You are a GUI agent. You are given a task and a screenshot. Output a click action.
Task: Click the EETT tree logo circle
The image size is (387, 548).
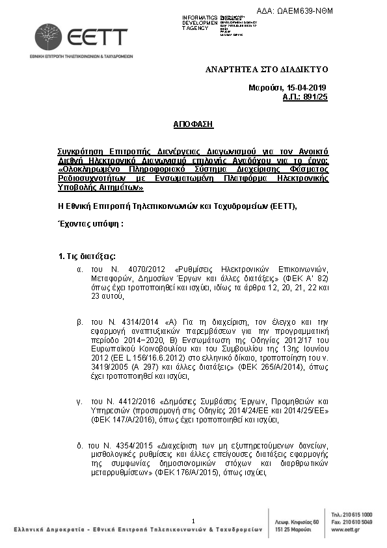tap(49, 37)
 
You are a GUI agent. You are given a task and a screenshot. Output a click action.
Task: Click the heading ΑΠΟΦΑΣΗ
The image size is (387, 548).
tap(193, 124)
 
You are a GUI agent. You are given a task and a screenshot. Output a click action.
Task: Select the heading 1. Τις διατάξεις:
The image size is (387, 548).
tap(87, 256)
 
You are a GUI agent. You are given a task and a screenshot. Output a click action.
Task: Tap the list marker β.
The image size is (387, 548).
tap(79, 322)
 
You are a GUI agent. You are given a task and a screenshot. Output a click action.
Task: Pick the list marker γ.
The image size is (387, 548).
tap(79, 402)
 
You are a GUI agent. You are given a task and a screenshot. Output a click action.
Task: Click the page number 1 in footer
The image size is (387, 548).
tap(194, 521)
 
